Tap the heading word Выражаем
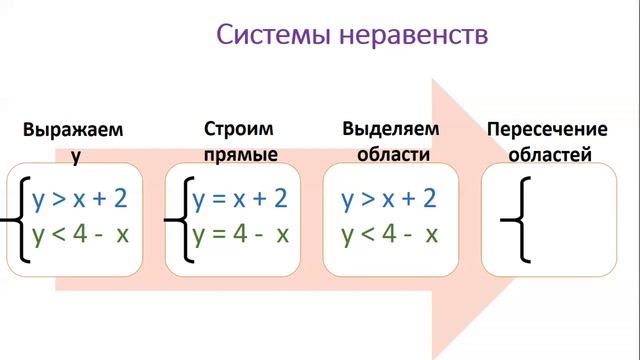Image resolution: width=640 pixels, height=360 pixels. point(75,131)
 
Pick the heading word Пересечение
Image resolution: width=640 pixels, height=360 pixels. point(547,130)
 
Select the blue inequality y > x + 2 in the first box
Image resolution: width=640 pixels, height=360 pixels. point(80,198)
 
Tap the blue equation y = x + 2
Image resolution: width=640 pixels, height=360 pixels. point(240,198)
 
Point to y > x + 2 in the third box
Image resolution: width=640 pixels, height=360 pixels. point(389,198)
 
